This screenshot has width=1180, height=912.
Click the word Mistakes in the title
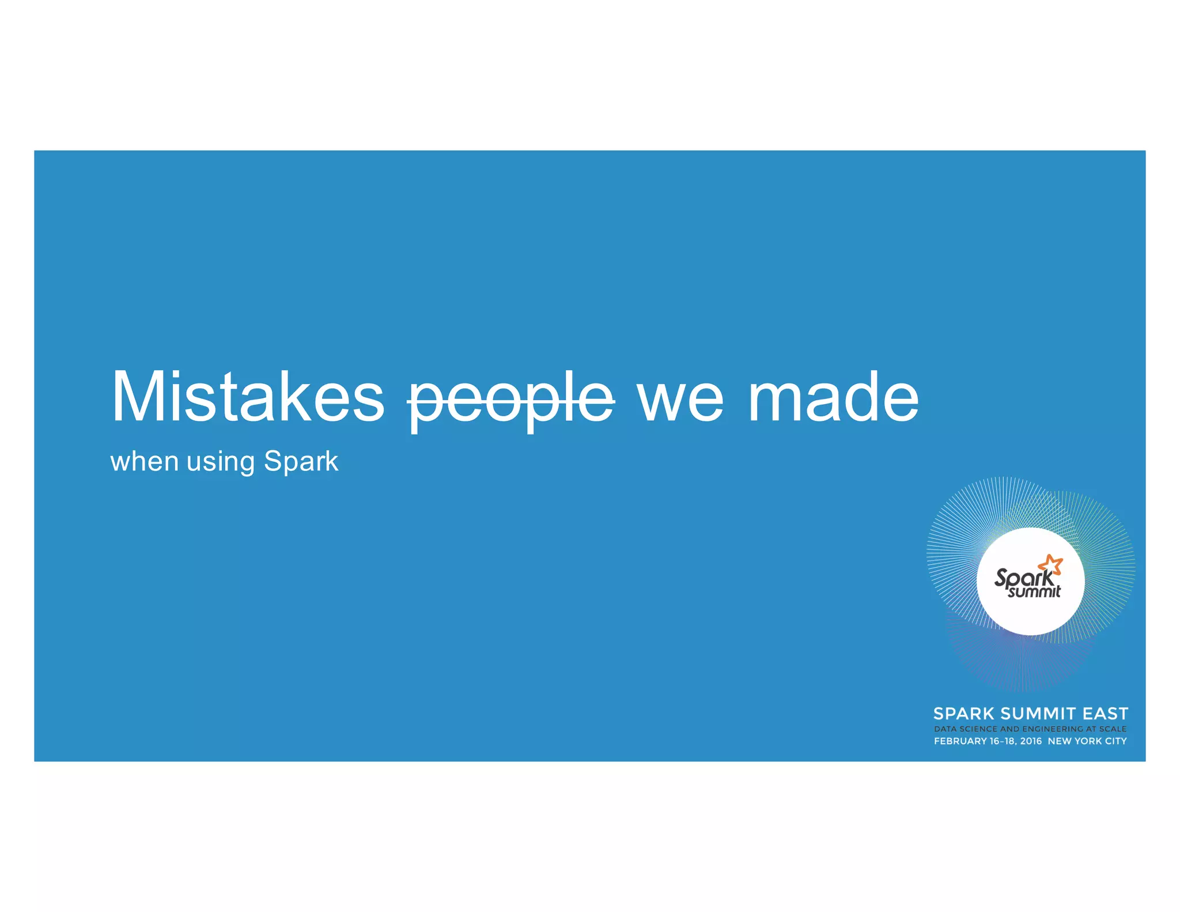point(248,397)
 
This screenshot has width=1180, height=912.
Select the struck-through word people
point(511,399)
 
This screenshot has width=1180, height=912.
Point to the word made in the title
point(833,397)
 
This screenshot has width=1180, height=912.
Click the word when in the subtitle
point(144,462)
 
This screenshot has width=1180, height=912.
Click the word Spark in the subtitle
point(301,461)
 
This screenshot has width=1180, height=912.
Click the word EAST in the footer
point(1105,714)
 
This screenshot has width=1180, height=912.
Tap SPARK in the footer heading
point(963,714)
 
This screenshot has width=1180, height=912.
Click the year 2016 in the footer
point(1031,741)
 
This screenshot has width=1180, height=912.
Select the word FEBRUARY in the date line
point(960,741)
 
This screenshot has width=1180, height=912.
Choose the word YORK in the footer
point(1088,741)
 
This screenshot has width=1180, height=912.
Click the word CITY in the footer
point(1115,741)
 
